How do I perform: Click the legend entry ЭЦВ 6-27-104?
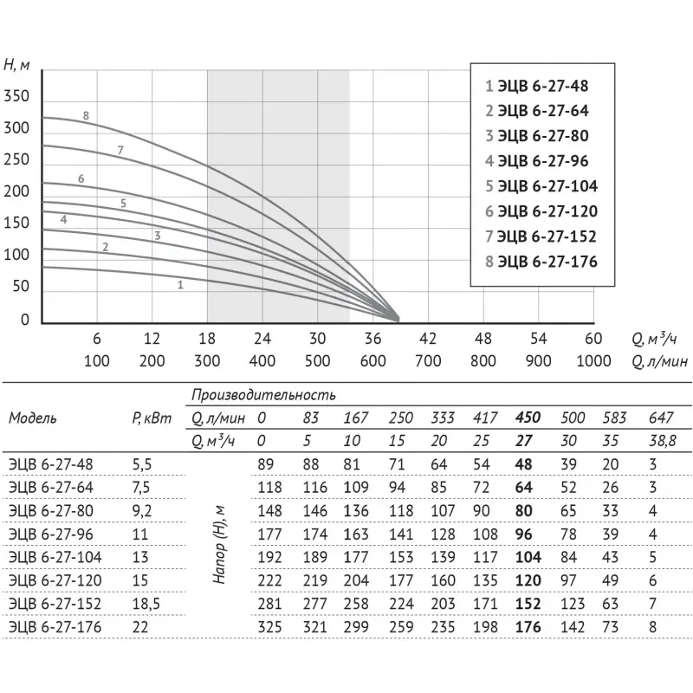541,185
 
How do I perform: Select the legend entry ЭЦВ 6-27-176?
541,261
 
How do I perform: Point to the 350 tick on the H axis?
17,96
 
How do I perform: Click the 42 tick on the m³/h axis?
428,338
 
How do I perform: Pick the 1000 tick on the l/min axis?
593,360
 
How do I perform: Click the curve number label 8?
87,115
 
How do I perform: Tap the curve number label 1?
180,284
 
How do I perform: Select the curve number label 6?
81,178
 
